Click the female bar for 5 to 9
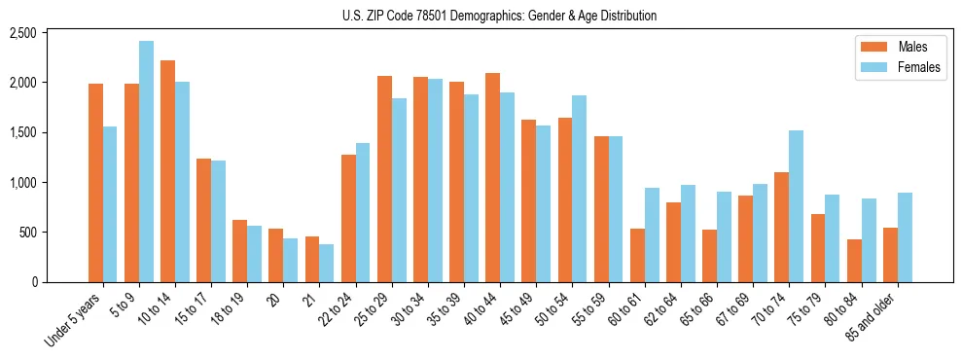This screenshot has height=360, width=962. [x=146, y=162]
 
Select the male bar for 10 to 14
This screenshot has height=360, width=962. [x=167, y=171]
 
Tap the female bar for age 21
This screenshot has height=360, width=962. [x=327, y=264]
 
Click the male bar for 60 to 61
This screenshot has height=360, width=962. [x=637, y=256]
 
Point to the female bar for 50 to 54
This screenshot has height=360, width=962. [x=579, y=189]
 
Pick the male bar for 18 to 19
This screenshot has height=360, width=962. [x=239, y=251]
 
